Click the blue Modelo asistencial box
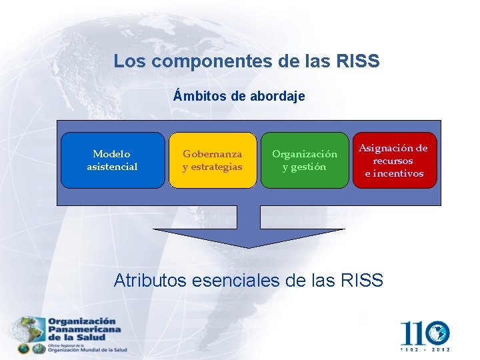[112, 160]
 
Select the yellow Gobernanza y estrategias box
[213, 160]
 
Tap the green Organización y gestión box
[304, 160]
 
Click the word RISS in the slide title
[358, 61]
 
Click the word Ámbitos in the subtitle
[200, 96]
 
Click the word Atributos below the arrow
[150, 280]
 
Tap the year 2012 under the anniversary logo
[441, 349]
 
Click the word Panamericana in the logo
[84, 329]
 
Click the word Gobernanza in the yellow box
[213, 154]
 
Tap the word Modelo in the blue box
[112, 154]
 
